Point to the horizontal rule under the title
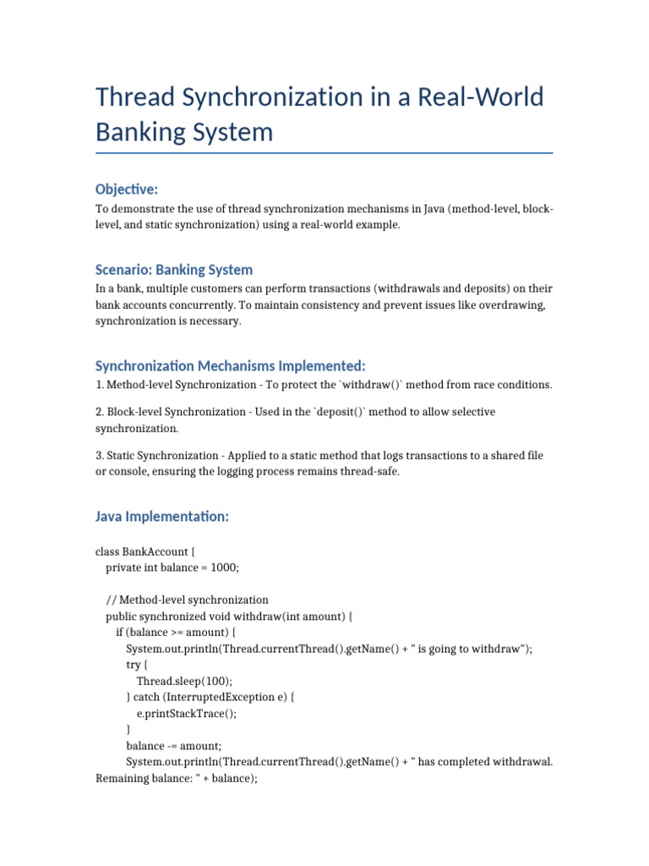click(324, 153)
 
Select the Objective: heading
click(127, 189)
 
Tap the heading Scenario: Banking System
click(174, 270)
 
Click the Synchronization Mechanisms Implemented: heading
click(230, 365)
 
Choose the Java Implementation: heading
click(162, 516)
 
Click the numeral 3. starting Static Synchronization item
click(100, 456)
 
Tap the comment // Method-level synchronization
click(187, 600)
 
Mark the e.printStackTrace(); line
click(186, 713)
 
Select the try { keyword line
click(137, 665)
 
